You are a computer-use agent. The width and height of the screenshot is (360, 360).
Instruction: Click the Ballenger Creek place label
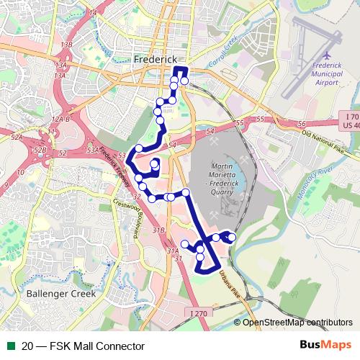point(55,294)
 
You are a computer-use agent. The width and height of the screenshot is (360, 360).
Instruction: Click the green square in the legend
point(11,346)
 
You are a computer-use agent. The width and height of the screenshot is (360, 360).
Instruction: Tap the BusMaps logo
point(325,346)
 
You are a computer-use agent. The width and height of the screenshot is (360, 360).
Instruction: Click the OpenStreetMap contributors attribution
point(297,323)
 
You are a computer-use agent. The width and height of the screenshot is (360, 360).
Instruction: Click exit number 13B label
point(67,45)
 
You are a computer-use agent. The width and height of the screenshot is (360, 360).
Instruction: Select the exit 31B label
point(158,230)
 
